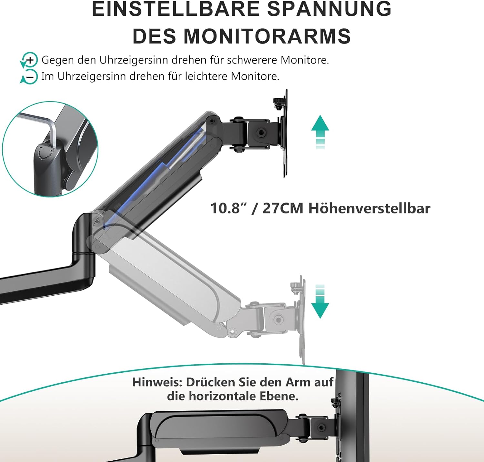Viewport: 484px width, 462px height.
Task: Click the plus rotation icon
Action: (x=29, y=60)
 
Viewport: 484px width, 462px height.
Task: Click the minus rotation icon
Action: (x=29, y=77)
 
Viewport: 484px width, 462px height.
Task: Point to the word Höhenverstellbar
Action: (x=369, y=208)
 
